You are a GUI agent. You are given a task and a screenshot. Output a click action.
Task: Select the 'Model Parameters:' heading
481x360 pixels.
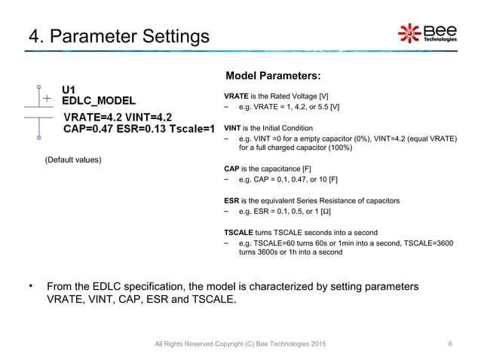tap(274, 76)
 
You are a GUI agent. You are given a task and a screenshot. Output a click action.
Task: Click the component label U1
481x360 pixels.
tap(69, 90)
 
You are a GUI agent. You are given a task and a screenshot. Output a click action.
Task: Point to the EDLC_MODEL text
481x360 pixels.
tap(99, 101)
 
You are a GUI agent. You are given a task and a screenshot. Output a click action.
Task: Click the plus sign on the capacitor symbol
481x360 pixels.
tap(47, 99)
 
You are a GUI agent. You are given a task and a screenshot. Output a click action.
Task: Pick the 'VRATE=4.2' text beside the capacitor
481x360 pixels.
tap(89, 117)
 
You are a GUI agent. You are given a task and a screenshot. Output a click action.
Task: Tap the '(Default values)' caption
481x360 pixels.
tap(73, 160)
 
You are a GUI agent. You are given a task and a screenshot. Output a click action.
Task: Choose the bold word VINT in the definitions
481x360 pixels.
tap(234, 128)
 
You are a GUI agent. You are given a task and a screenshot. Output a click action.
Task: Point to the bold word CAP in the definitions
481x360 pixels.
tap(232, 169)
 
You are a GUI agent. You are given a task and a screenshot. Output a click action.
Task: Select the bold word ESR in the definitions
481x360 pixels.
tap(232, 200)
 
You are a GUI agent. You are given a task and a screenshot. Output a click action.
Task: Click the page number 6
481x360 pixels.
tap(450, 344)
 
